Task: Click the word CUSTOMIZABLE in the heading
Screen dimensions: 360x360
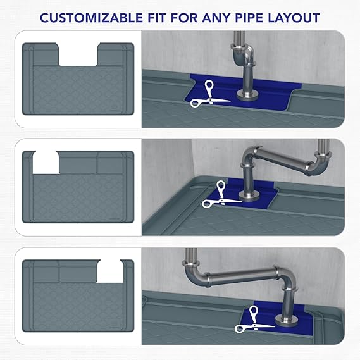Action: pyautogui.click(x=91, y=18)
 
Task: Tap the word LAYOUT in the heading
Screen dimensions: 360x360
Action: pyautogui.click(x=294, y=18)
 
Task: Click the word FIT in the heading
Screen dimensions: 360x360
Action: pyautogui.click(x=156, y=18)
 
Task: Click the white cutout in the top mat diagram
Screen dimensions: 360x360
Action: pyautogui.click(x=78, y=54)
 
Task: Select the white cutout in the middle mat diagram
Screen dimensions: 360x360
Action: pyautogui.click(x=46, y=163)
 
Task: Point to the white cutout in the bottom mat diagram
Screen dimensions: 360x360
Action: pyautogui.click(x=110, y=271)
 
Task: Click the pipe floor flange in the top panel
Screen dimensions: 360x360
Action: pyautogui.click(x=247, y=95)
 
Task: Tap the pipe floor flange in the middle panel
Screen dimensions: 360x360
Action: pyautogui.click(x=249, y=196)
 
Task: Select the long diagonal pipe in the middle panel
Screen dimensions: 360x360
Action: pyautogui.click(x=282, y=158)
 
